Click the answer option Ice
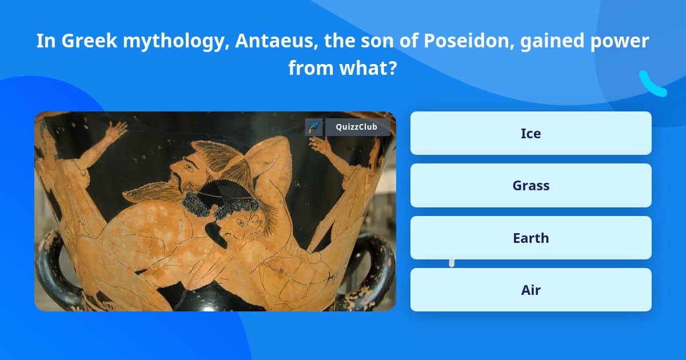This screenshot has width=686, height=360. click(x=531, y=133)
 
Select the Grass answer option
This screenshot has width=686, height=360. click(x=531, y=186)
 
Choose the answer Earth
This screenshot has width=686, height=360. click(x=531, y=238)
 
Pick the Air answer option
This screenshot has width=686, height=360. click(x=531, y=290)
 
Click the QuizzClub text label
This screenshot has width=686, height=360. click(x=357, y=127)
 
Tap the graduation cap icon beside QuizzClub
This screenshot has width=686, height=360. click(x=313, y=127)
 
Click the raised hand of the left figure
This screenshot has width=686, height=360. click(x=117, y=130)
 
